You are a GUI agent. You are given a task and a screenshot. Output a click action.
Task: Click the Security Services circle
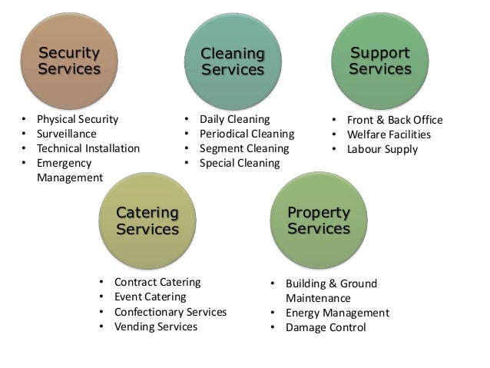pos(69,61)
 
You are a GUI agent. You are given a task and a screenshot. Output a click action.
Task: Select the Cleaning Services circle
pos(232,61)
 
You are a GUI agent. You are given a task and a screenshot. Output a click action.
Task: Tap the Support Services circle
pos(380,61)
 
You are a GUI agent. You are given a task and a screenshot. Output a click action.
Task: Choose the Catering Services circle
pos(147,220)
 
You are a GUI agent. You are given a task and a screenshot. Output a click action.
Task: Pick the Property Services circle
pos(318,220)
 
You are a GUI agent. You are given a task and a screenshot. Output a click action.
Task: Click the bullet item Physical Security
pos(78,119)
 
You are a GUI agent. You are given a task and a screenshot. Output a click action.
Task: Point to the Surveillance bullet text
pos(67,134)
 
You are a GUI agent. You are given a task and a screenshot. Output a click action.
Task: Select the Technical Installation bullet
pos(88,148)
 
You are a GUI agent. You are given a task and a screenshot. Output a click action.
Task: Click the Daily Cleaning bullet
pos(235,119)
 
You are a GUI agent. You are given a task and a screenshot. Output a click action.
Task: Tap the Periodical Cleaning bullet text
pos(247,134)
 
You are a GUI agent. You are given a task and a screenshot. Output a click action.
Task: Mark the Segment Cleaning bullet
pos(244,148)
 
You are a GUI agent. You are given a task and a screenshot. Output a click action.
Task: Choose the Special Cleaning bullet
pos(240,163)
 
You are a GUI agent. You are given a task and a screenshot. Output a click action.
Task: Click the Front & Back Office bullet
pos(395,120)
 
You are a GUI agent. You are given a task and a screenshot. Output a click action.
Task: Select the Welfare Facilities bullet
pos(389,134)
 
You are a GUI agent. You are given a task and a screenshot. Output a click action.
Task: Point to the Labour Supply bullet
pos(382,149)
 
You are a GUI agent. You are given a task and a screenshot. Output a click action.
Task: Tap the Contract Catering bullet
pos(157,282)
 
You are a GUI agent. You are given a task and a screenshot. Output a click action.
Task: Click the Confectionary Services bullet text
pos(170,312)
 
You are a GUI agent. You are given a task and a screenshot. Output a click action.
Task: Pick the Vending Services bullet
pos(155,327)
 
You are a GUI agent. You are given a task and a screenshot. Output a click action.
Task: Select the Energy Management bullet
pos(337,313)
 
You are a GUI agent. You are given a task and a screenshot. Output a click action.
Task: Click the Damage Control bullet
pos(326,327)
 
